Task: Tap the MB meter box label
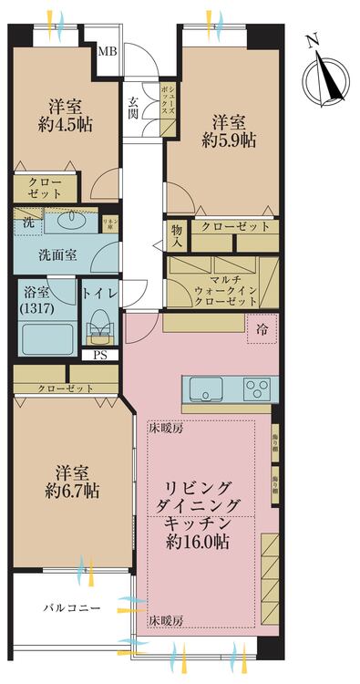[108, 52]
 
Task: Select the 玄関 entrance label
[133, 108]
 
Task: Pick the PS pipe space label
[98, 356]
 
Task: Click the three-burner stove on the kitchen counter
[258, 389]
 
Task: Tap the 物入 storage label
[176, 237]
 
